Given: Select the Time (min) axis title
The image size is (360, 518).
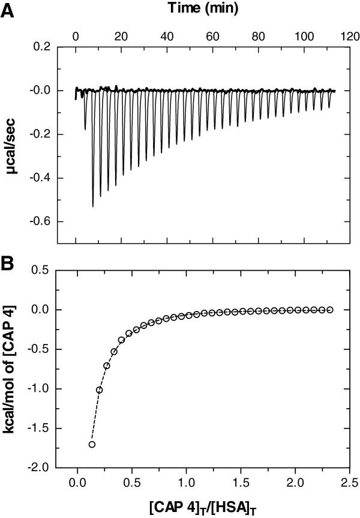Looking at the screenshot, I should click(203, 8).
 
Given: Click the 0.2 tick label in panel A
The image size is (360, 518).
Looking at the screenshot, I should click(41, 47).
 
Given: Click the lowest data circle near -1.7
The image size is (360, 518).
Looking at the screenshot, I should click(92, 444).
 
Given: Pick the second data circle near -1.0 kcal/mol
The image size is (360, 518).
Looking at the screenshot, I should click(100, 390).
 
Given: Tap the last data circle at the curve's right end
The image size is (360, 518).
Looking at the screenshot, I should click(329, 310).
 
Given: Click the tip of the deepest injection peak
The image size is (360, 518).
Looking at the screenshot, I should click(92, 206).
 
